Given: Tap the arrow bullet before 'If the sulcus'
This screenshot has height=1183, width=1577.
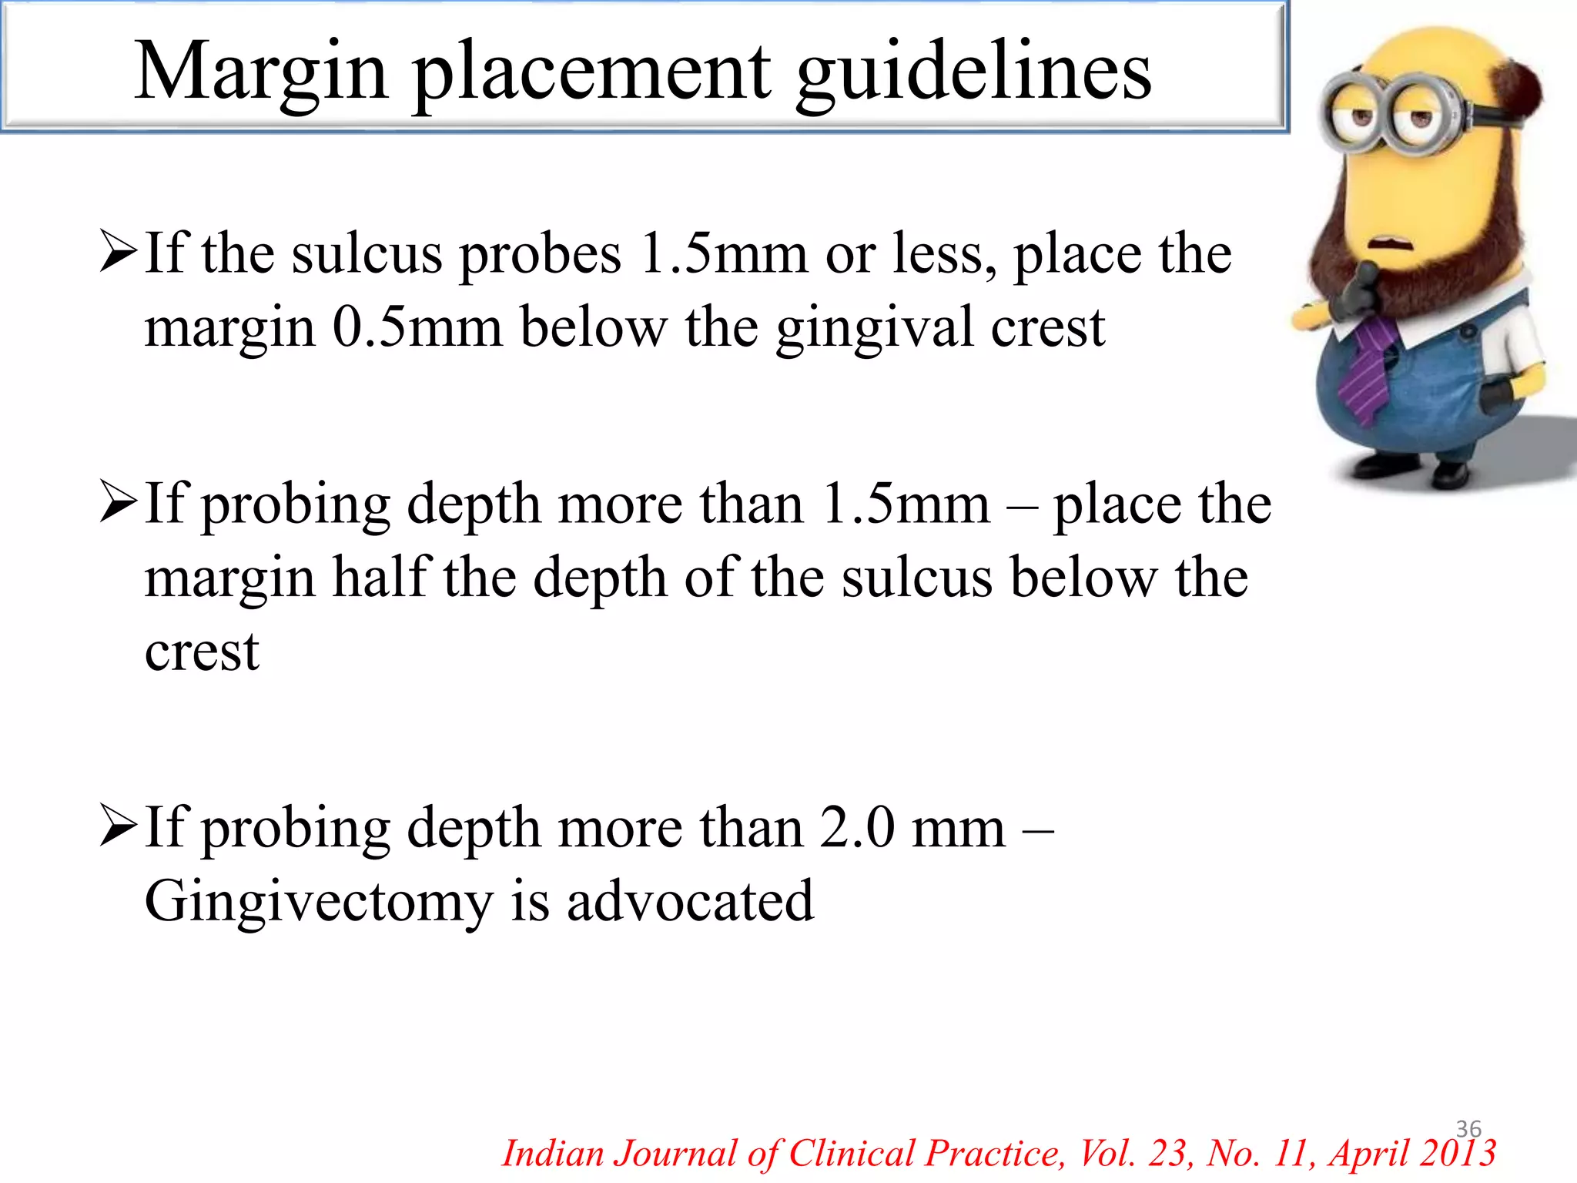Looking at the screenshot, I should pos(119,255).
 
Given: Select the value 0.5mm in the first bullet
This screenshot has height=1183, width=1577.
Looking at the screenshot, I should pos(417,327).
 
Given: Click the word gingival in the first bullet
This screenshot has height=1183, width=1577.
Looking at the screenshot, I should pos(874,327).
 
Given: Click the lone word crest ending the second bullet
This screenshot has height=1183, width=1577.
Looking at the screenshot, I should pos(202,652).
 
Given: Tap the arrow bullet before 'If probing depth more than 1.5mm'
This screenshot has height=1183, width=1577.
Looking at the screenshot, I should pos(119,504).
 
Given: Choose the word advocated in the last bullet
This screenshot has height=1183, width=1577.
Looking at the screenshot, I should pos(690,902).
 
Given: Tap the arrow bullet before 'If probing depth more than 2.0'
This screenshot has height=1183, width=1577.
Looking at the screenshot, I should pos(119,829).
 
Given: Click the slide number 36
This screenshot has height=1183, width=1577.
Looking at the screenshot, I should pos(1468,1129).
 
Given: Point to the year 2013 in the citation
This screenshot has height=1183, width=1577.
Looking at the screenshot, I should pos(1458,1154).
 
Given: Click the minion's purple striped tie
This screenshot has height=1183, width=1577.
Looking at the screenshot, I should pos(1366,370).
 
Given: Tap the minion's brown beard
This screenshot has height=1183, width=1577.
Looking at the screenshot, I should pos(1463,254).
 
